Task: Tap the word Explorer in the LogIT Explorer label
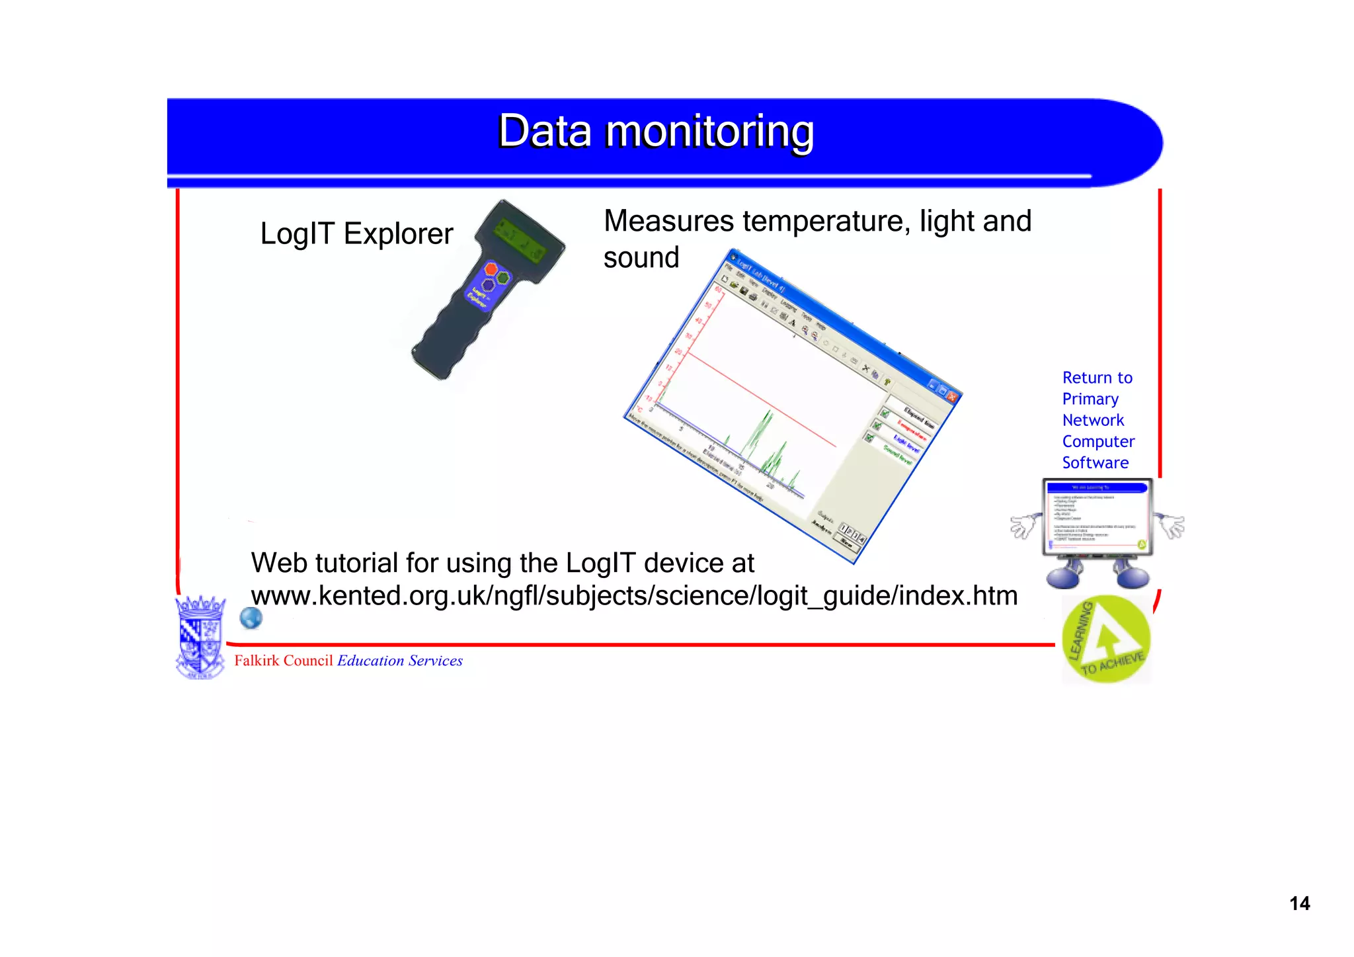[398, 234]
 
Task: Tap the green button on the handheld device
[504, 277]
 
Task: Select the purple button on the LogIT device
[488, 286]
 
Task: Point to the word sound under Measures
[641, 258]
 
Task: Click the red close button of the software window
[952, 396]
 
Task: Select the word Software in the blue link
[1095, 463]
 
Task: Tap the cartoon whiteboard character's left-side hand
[1023, 526]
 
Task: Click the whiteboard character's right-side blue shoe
[1134, 577]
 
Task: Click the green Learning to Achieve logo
[1106, 639]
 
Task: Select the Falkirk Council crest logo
[200, 636]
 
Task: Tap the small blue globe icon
[251, 618]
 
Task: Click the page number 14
[1299, 903]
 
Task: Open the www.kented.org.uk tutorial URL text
[633, 596]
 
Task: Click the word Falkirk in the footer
[257, 661]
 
